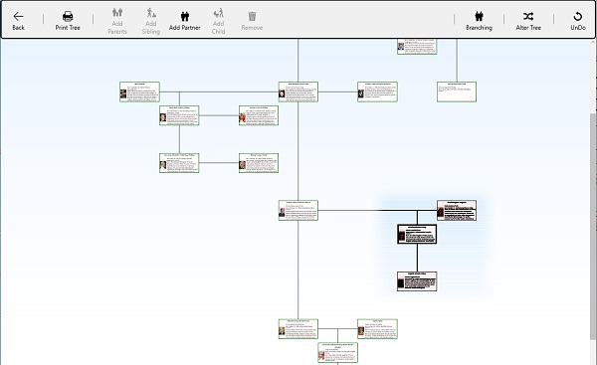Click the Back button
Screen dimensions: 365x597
pyautogui.click(x=18, y=20)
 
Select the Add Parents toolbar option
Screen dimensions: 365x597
pyautogui.click(x=117, y=20)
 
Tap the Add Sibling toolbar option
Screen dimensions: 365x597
pyautogui.click(x=151, y=20)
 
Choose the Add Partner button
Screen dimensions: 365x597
pyautogui.click(x=184, y=20)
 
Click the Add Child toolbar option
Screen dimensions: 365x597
pyautogui.click(x=218, y=20)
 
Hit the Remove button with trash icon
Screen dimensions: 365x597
pyautogui.click(x=253, y=20)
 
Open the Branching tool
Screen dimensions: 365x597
pyautogui.click(x=479, y=20)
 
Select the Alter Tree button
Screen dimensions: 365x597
pyautogui.click(x=527, y=20)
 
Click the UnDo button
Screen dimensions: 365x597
pyautogui.click(x=578, y=20)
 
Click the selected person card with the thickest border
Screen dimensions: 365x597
pyautogui.click(x=417, y=234)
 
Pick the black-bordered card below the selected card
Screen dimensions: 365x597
pyautogui.click(x=417, y=279)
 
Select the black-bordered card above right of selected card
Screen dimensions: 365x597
pyautogui.click(x=456, y=209)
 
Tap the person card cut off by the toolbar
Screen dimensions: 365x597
pyautogui.click(x=417, y=46)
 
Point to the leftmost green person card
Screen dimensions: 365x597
pyautogui.click(x=139, y=91)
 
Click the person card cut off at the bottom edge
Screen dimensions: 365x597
pyautogui.click(x=338, y=351)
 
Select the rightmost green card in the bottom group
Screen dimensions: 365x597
pyautogui.click(x=377, y=328)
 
